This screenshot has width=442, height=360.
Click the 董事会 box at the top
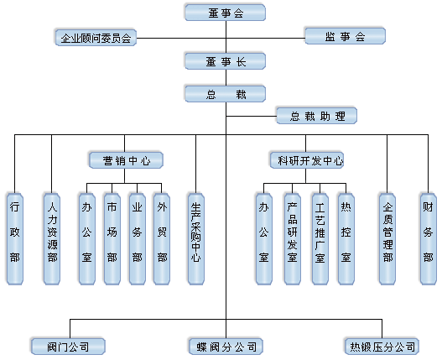coord(226,13)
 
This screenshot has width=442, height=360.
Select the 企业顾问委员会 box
coord(96,38)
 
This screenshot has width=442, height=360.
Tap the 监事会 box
coord(345,36)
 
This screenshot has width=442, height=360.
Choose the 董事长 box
coord(226,61)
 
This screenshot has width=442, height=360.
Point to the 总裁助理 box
coord(317,116)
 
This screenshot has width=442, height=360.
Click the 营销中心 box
coord(126,160)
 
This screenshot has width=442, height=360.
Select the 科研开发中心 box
coord(307,160)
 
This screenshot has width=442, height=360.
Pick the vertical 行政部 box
coord(15,238)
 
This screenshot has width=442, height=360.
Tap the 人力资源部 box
coord(52,238)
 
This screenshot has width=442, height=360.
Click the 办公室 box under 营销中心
coord(87,238)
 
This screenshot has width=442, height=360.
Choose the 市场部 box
coord(112,238)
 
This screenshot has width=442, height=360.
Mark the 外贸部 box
coord(162,238)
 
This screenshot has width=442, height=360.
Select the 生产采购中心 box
coord(196,238)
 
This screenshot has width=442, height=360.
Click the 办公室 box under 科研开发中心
coord(264,238)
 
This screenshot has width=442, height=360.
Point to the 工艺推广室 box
coord(320,238)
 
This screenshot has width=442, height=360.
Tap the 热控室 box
coord(346,238)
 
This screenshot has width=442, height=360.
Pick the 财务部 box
coord(429,238)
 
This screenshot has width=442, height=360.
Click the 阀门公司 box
coord(68,347)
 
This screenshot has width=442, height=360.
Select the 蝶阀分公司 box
coord(226,347)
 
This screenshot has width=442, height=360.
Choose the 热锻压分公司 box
coord(382,347)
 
